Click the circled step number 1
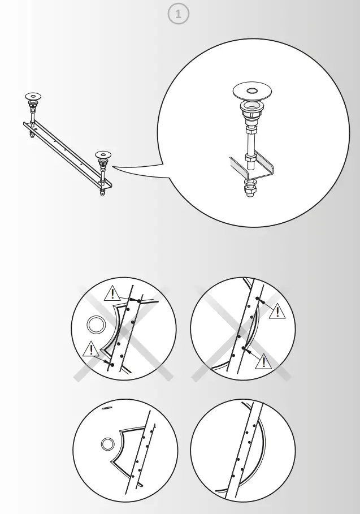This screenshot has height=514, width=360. pyautogui.click(x=179, y=15)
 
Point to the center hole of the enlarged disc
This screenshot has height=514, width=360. pyautogui.click(x=252, y=90)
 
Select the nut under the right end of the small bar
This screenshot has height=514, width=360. pyautogui.click(x=102, y=192)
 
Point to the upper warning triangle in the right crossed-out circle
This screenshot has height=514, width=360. pyautogui.click(x=277, y=310)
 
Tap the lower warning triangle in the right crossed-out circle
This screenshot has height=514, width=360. pyautogui.click(x=263, y=361)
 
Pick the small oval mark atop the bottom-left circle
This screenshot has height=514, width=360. pyautogui.click(x=106, y=406)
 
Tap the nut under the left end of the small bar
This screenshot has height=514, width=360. pyautogui.click(x=32, y=135)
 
